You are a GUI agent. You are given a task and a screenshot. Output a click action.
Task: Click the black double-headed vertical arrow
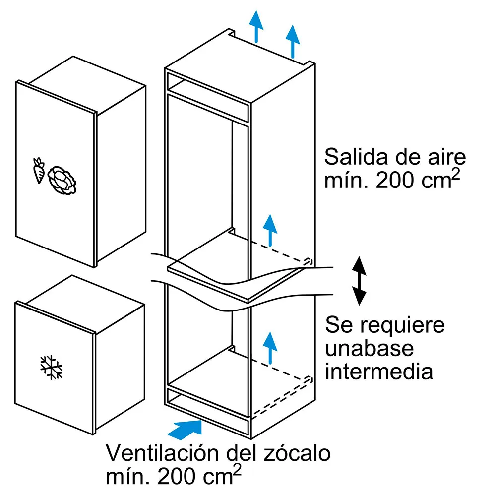tap(359, 281)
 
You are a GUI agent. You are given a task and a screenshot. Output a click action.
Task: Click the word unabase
tap(370, 348)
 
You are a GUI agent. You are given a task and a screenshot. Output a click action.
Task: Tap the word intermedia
tap(379, 371)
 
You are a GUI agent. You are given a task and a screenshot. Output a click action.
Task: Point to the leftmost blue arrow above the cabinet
tap(256, 26)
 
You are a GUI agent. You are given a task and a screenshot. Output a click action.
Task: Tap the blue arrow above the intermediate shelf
tap(269, 230)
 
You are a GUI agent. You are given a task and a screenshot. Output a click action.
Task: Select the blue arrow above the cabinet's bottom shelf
tap(269, 347)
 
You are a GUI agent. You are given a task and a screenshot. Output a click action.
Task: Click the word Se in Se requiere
tap(337, 326)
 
